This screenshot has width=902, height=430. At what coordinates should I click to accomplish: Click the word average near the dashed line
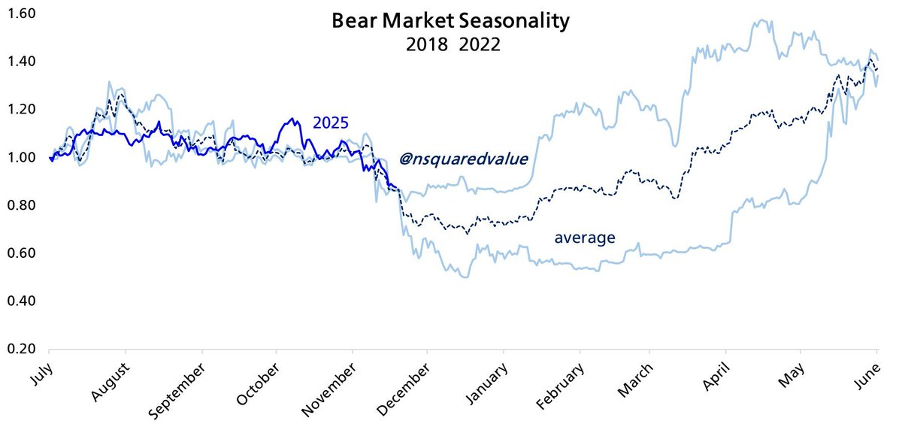585,238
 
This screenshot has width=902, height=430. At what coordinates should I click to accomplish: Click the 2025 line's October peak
292,119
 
